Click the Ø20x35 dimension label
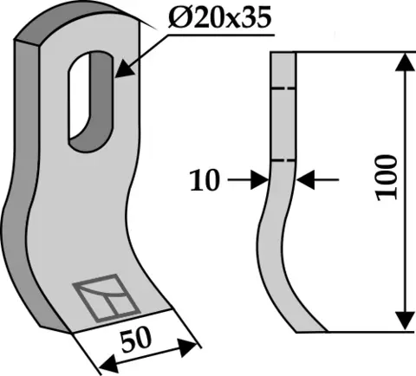(220, 18)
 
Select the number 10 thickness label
(205, 180)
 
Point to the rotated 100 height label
(387, 178)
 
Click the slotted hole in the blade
(90, 101)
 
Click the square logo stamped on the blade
(106, 298)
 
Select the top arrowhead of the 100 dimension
(406, 62)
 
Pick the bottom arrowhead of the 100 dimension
(406, 321)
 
